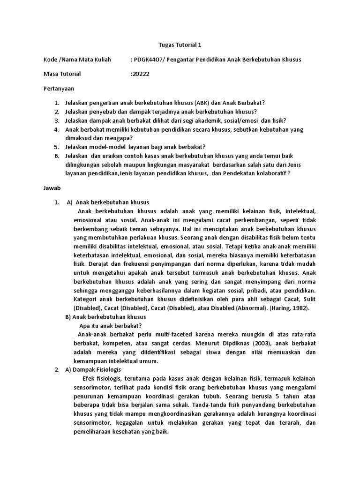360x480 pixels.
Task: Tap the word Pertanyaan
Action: coord(59,88)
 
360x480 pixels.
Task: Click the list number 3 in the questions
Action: coord(56,120)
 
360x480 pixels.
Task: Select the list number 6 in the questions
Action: coord(56,156)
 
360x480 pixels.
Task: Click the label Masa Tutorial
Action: coord(62,74)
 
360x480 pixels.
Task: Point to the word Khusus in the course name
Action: coord(290,60)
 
